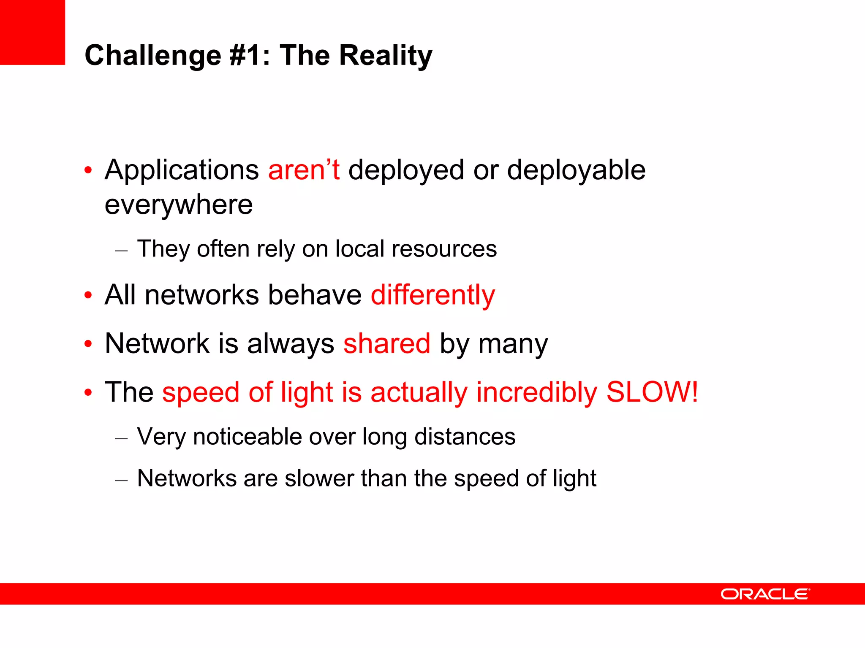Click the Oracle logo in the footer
click(765, 594)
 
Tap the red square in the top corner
click(33, 32)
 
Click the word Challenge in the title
click(153, 56)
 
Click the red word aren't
click(304, 170)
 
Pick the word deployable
click(576, 170)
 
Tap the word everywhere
click(179, 205)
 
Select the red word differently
click(432, 295)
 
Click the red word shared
click(387, 343)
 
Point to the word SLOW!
click(652, 392)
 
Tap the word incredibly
click(536, 392)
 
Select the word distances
click(465, 436)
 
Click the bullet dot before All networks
click(88, 295)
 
